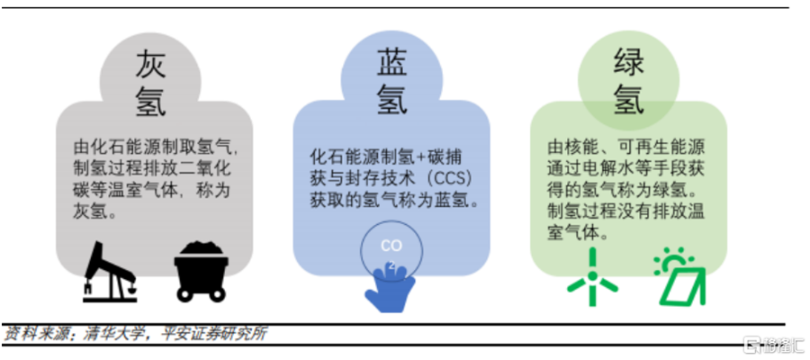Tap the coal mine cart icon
point(203,269)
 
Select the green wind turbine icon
point(592,274)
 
